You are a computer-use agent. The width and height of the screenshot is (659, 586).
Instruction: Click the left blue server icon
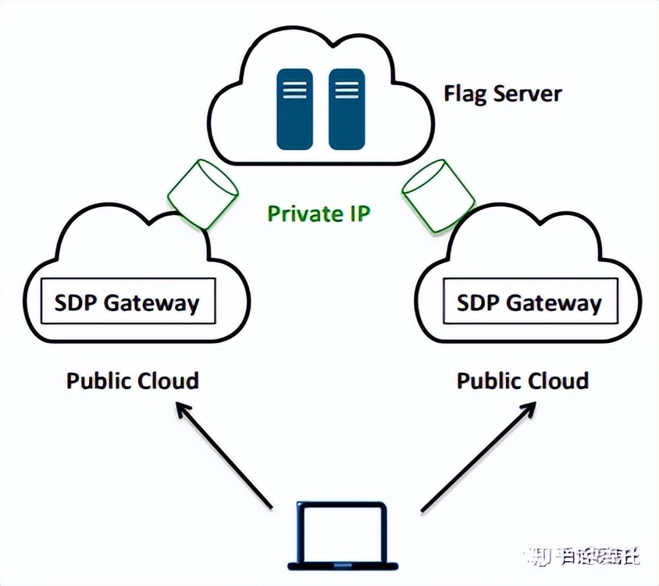[x=294, y=108]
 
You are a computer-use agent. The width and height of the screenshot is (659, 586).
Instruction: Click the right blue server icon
[x=347, y=108]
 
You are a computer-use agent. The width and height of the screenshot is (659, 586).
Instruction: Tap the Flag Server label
[x=503, y=94]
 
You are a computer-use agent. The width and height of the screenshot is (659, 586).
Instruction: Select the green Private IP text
[x=318, y=213]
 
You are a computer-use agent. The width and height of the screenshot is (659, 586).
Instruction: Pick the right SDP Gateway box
[x=529, y=303]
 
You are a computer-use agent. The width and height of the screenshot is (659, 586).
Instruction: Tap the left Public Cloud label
[x=132, y=381]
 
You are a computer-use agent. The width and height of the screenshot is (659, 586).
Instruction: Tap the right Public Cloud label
[x=522, y=381]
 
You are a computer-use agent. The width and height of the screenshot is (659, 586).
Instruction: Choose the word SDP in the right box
[x=476, y=303]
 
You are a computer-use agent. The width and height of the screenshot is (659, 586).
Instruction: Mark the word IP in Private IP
[x=356, y=213]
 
